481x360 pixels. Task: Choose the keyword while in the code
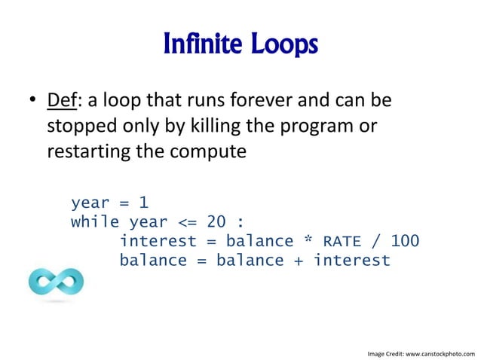95,222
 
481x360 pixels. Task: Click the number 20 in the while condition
216,222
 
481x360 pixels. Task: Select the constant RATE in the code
342,242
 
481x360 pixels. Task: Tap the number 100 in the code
405,242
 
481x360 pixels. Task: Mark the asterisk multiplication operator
308,242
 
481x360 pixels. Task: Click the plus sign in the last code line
299,261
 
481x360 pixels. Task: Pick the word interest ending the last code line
352,261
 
